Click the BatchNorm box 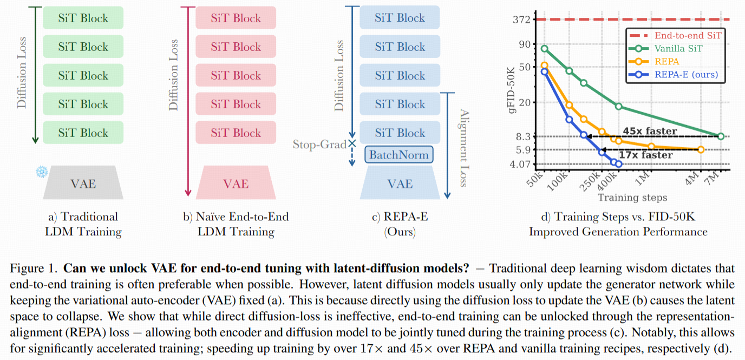tap(399, 155)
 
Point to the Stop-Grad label tap(319, 145)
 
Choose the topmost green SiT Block tap(83, 18)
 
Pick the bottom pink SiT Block tap(236, 133)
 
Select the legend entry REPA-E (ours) tap(686, 74)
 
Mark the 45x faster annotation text tap(649, 131)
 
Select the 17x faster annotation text tap(645, 155)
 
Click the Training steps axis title tap(632, 198)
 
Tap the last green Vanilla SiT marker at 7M tap(721, 136)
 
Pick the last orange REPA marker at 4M tap(701, 149)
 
